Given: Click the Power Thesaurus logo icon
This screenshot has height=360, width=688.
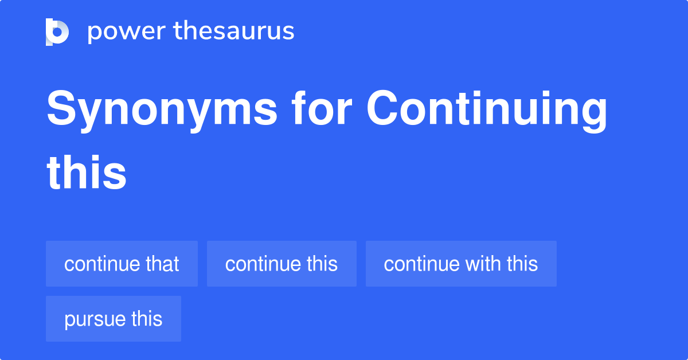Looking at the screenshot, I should [x=57, y=32].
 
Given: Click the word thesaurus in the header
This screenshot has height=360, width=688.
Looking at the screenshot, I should [x=234, y=32].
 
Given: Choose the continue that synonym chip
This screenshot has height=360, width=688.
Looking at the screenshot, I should [x=122, y=264].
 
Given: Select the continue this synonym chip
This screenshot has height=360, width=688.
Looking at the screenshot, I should [x=282, y=264].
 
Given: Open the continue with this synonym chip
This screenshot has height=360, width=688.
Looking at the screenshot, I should [x=461, y=264].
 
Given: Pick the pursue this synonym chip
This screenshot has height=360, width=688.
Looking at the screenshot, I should [x=114, y=319].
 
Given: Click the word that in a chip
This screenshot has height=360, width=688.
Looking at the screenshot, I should [x=162, y=264].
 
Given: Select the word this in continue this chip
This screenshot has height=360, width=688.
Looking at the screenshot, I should [x=322, y=264].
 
